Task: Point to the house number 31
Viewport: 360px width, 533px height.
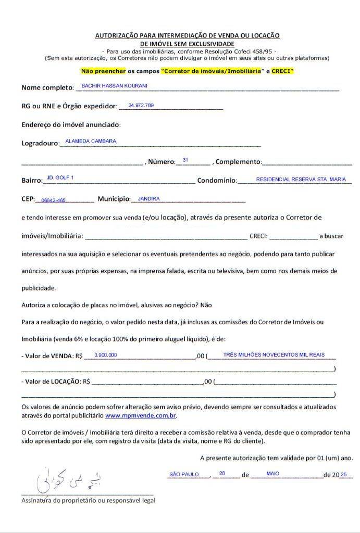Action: (x=185, y=159)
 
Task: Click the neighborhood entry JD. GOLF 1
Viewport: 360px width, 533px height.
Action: (x=60, y=178)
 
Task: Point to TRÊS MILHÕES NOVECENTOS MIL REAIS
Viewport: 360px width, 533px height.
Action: (x=274, y=354)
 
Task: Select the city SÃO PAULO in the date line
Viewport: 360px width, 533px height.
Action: (x=184, y=474)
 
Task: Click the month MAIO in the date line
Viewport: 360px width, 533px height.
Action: (x=272, y=474)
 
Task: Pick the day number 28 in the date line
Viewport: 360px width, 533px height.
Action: (x=222, y=473)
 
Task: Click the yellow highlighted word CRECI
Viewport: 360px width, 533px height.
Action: (x=282, y=70)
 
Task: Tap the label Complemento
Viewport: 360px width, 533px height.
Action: (x=238, y=162)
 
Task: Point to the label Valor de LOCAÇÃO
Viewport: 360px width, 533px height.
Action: (x=51, y=382)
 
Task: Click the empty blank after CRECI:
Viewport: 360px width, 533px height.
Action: (x=293, y=235)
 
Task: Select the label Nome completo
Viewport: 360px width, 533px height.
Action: (x=45, y=87)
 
